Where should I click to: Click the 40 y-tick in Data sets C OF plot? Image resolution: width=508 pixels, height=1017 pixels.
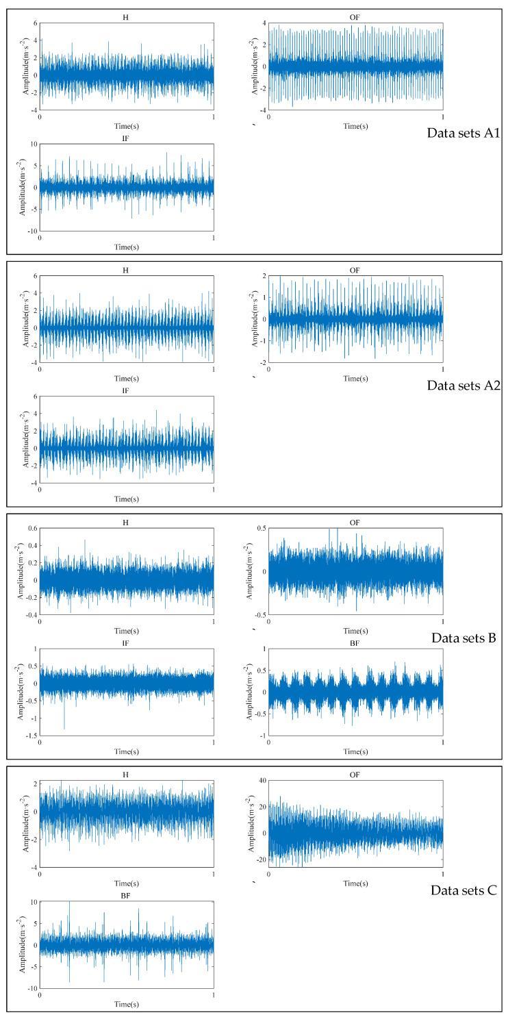(260, 781)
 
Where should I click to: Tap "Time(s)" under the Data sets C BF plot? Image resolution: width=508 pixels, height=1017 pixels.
(126, 1005)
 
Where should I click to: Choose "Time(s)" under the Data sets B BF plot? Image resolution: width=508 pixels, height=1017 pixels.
(355, 751)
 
